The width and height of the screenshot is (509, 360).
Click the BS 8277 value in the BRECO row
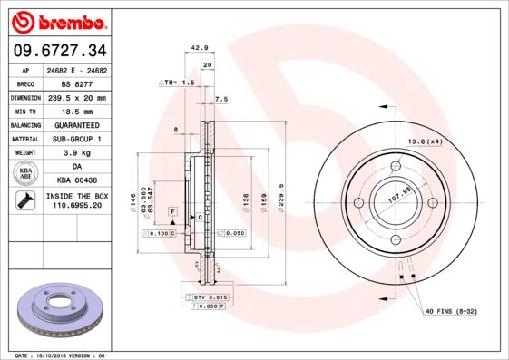(x=77, y=83)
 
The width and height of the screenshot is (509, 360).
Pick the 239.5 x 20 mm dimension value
(x=77, y=97)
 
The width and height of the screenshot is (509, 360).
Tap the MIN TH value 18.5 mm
(x=77, y=111)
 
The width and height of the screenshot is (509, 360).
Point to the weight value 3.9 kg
(x=77, y=153)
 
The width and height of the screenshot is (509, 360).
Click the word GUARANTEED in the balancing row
(x=77, y=125)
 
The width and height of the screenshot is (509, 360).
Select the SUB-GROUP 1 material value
(x=77, y=139)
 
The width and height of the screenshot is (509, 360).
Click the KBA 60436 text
(x=77, y=181)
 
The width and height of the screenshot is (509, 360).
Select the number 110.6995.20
(x=77, y=207)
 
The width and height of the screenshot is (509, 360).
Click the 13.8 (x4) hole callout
(x=425, y=142)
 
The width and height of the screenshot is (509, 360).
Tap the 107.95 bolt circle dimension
(x=399, y=191)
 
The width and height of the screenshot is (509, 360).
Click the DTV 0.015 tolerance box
(x=208, y=297)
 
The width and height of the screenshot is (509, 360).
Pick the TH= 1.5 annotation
(x=179, y=83)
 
